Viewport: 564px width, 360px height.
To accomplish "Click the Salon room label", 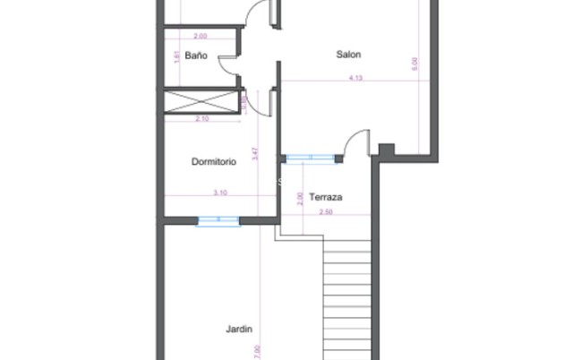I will tap(348, 55).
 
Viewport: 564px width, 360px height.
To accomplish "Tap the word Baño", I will tap(196, 56).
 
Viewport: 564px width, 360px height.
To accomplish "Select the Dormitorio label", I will tap(214, 162).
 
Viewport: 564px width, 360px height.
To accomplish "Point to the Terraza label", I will tap(326, 197).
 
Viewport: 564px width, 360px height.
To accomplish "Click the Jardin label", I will tap(238, 329).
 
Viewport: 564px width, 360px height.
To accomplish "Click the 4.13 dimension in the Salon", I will tap(356, 78).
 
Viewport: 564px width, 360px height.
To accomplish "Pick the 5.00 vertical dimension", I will tap(414, 64).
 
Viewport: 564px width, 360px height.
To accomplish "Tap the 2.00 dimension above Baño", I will tap(200, 37).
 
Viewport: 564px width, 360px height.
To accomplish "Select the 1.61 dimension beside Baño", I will tap(175, 56).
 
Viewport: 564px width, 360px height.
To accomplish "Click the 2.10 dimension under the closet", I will tap(201, 118).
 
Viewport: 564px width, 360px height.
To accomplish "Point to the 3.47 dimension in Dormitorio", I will tap(257, 153).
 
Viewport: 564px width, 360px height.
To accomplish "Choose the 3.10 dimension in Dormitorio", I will tap(220, 193).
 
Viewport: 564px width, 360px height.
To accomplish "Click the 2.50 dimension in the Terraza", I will tap(326, 212).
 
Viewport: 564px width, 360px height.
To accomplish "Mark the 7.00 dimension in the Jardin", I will tap(258, 350).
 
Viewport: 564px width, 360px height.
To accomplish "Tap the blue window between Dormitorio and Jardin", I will tap(218, 219).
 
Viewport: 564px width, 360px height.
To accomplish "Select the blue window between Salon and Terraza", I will tap(311, 159).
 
